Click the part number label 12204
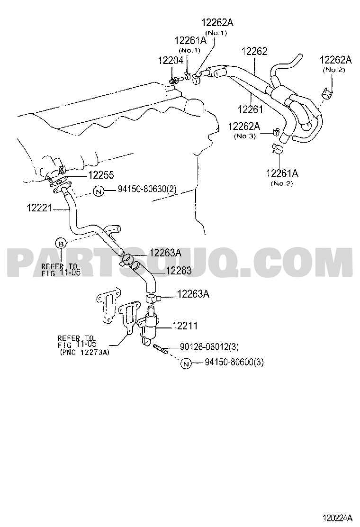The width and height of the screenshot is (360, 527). [171, 61]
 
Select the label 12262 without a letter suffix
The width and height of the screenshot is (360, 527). [254, 52]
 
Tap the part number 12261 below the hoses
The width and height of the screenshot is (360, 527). [250, 109]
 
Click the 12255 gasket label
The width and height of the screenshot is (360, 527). [101, 175]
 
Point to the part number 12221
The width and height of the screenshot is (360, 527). [39, 209]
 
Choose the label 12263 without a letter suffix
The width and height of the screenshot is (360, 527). [179, 271]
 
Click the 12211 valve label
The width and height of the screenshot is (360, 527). [185, 326]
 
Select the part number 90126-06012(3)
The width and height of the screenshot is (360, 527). [209, 346]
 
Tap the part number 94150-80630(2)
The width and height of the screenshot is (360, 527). [147, 190]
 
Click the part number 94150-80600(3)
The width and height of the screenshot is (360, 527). [234, 362]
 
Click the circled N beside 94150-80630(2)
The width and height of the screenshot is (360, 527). [99, 192]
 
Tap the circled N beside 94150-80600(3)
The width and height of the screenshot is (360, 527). [186, 363]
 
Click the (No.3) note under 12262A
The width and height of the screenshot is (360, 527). [244, 136]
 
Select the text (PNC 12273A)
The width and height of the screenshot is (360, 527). [85, 352]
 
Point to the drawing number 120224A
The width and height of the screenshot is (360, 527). [337, 517]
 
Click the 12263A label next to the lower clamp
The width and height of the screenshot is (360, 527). [193, 294]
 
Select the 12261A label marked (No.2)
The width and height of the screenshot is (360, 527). [282, 173]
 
